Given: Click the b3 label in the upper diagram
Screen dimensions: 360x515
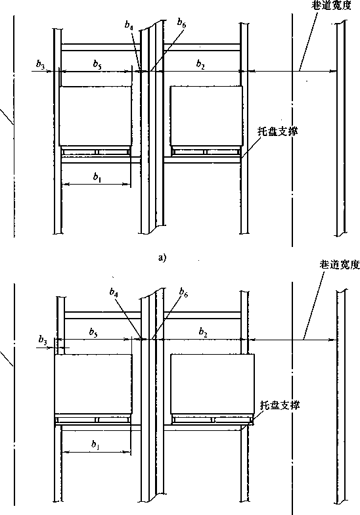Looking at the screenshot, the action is [x=40, y=66].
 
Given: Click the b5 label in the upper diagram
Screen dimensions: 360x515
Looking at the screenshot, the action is [x=97, y=64].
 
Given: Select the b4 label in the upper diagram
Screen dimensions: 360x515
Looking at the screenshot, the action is [x=129, y=25].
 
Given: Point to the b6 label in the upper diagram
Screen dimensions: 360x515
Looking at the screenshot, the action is [x=181, y=22].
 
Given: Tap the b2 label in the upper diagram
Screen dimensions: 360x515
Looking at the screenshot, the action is [x=200, y=64].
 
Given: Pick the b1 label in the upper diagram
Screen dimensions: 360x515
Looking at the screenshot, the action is [x=97, y=177].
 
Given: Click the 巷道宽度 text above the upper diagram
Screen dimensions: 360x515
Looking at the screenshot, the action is [x=331, y=5].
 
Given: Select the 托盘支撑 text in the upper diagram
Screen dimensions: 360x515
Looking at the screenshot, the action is [x=277, y=131].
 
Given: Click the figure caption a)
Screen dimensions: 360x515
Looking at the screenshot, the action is [x=162, y=258].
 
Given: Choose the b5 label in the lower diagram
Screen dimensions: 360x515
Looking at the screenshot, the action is [x=93, y=332].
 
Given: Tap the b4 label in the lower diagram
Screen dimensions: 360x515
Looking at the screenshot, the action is [x=114, y=292].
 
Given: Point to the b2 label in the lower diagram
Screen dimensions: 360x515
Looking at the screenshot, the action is [x=203, y=332].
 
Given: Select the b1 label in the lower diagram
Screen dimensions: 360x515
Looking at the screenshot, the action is [x=95, y=445].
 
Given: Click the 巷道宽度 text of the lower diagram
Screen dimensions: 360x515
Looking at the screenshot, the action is [x=340, y=264].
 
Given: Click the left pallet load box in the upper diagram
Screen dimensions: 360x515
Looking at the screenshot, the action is [x=95, y=116].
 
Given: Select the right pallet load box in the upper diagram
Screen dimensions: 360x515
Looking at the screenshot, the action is [x=206, y=116].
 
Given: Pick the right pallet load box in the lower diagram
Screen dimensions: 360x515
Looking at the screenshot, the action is [x=213, y=384].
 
